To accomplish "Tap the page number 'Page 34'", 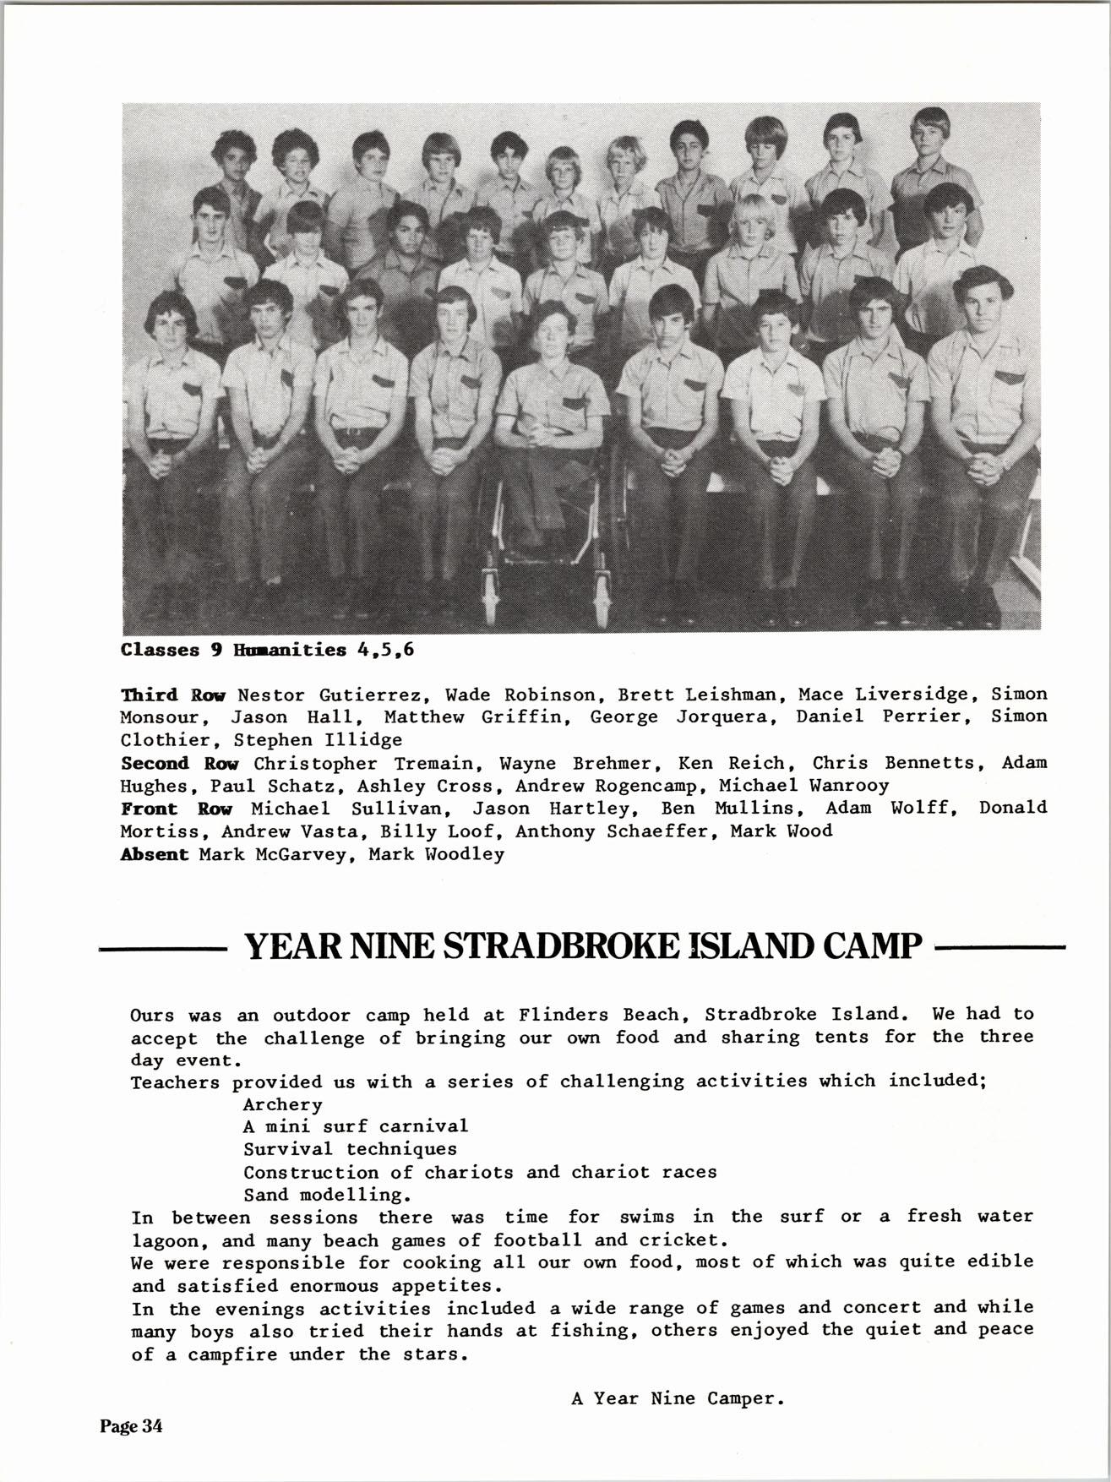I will coord(131,1426).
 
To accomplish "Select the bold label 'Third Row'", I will coord(173,695).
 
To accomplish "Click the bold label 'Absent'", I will coord(155,854).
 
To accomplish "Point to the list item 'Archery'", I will coord(283,1104).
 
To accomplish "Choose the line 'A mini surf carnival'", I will coord(355,1126).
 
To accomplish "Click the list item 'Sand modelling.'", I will coord(328,1195).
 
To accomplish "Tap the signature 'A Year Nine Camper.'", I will coord(678,1398).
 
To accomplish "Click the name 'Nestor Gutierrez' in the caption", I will coord(329,695).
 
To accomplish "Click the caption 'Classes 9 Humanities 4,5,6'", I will coord(268,651).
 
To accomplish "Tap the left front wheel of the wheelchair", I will coord(489,591).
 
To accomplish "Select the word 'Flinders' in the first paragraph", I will coord(558,1014).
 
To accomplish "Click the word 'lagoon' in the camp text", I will coord(170,1241).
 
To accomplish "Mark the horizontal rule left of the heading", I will coord(163,949).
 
